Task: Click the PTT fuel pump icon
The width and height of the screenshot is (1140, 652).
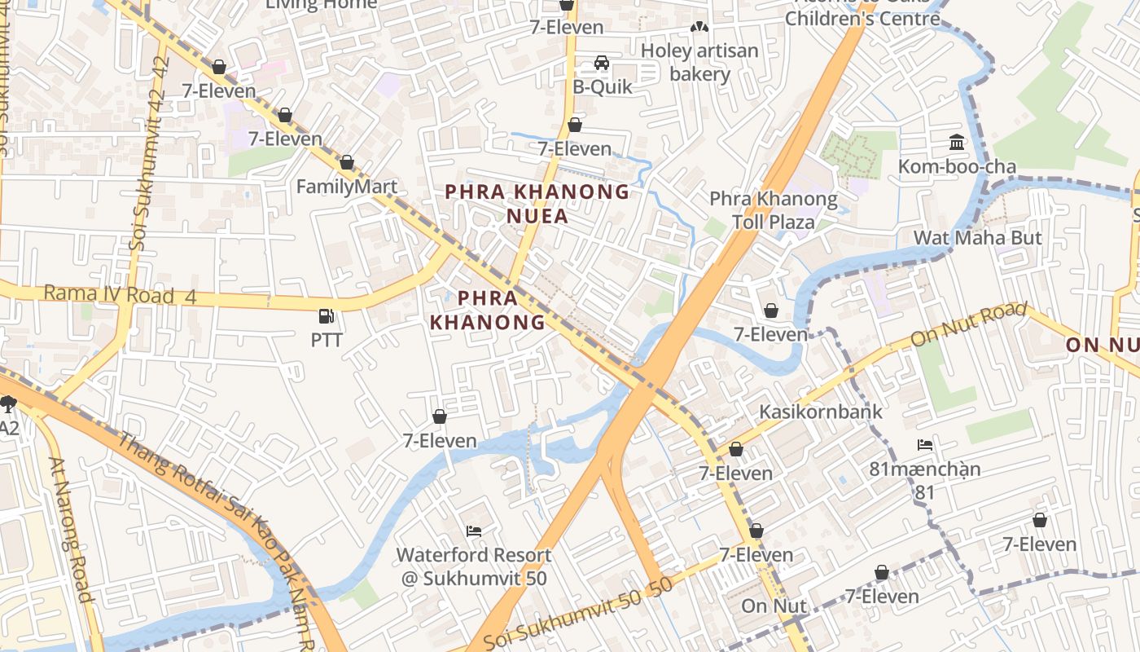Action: [327, 315]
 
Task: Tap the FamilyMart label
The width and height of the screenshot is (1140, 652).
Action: [346, 187]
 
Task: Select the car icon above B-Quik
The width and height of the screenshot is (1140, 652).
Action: [602, 63]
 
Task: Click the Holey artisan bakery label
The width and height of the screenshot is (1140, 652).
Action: [699, 63]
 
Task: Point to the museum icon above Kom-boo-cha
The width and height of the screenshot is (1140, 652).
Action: [957, 143]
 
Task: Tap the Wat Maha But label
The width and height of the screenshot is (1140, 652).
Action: [977, 238]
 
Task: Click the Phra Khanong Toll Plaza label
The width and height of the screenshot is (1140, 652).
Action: [773, 210]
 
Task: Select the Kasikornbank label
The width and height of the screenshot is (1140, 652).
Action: [820, 412]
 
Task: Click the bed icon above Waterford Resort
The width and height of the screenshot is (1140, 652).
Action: [474, 531]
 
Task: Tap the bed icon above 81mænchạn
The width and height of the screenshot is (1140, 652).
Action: [925, 445]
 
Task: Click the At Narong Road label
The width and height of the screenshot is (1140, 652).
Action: [72, 530]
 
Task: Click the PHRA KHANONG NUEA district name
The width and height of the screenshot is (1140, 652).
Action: [537, 204]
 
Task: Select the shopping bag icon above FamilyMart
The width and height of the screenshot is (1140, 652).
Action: [347, 163]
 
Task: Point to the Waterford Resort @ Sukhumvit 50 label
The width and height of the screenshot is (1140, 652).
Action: [474, 566]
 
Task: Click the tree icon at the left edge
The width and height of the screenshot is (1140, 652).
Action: [8, 403]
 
